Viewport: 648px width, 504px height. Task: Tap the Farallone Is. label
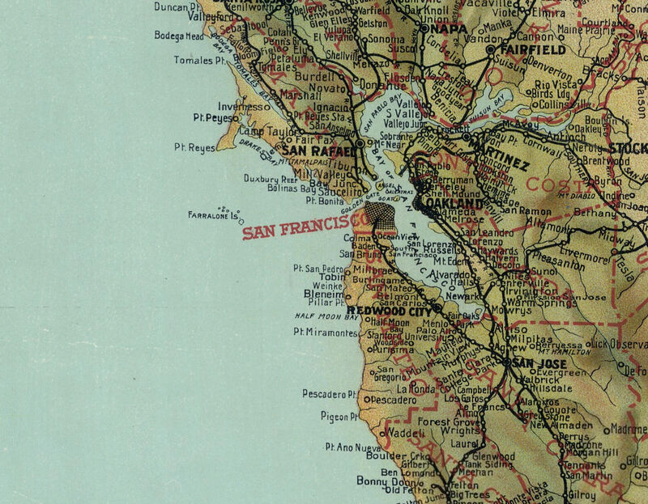pyautogui.click(x=215, y=217)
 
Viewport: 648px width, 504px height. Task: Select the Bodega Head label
pyautogui.click(x=179, y=36)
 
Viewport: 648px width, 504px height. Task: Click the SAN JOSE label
pyautogui.click(x=534, y=363)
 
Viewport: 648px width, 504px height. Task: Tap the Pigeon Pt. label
pyautogui.click(x=339, y=417)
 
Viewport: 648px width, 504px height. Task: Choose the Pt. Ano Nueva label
pyautogui.click(x=352, y=447)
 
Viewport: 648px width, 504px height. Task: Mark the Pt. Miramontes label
pyautogui.click(x=326, y=332)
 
